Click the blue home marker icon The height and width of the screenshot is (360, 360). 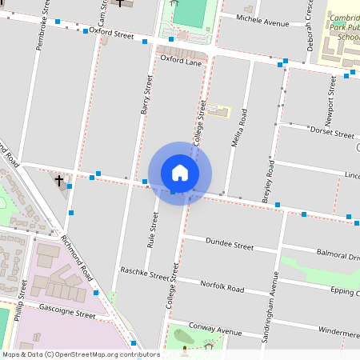(x=180, y=173)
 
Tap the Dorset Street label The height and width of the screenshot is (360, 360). (x=330, y=133)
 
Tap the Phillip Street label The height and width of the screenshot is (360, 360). (x=19, y=302)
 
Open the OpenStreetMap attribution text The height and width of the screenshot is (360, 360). (x=80, y=354)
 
